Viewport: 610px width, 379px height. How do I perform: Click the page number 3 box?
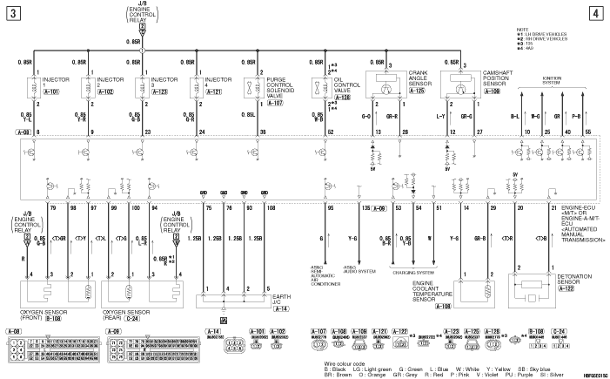(x=14, y=13)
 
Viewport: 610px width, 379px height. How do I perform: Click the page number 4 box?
(x=594, y=13)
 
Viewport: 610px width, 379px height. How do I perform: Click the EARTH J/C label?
(x=279, y=299)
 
